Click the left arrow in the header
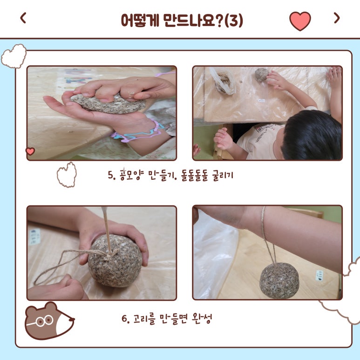23,18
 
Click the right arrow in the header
337,18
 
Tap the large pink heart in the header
300,21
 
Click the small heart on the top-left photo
30,151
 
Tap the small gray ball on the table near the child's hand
262,75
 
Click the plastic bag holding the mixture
223,81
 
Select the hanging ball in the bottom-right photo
279,281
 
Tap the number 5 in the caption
111,175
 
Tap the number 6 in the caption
125,319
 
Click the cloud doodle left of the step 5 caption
67,175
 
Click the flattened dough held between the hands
109,104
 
